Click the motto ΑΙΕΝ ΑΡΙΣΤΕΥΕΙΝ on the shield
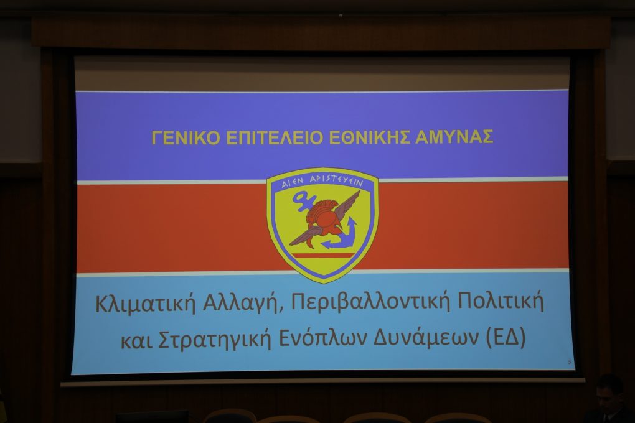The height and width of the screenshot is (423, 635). (x=322, y=182)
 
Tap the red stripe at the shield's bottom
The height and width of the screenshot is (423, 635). (x=322, y=256)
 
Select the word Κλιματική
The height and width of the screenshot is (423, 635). (x=146, y=303)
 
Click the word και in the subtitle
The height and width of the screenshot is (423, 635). (x=137, y=341)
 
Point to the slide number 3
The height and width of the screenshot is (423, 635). (x=570, y=361)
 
